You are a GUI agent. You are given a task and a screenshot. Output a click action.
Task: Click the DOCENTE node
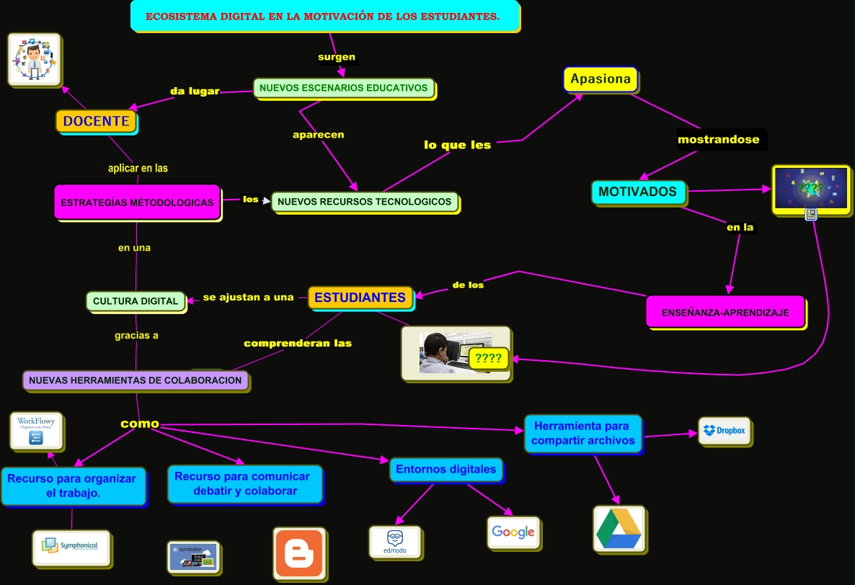[x=96, y=121]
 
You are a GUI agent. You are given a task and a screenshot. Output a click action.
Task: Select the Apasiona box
[x=601, y=79]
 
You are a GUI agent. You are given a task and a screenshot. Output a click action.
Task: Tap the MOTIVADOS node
[x=637, y=192]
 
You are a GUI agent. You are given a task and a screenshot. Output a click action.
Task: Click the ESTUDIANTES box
[x=360, y=297]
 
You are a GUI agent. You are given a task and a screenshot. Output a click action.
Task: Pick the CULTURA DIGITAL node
[x=136, y=300]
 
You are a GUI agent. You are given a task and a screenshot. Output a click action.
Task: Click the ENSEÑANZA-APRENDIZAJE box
[x=725, y=312]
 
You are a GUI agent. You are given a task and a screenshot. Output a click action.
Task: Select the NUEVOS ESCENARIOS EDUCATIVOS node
[x=344, y=88]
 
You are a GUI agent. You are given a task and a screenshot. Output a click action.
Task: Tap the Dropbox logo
[x=725, y=431]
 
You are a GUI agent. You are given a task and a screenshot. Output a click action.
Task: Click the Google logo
[x=513, y=532]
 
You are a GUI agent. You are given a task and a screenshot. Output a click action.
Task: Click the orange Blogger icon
[x=299, y=553]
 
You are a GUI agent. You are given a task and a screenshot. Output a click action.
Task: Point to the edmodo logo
[x=395, y=542]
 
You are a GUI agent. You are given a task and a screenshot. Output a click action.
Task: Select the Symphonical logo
[x=71, y=547]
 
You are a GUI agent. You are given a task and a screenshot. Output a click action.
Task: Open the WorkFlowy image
[x=36, y=430]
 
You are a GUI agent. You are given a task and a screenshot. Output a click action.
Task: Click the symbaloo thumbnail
[x=192, y=557]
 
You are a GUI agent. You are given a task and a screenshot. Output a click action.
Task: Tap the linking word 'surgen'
[x=337, y=56]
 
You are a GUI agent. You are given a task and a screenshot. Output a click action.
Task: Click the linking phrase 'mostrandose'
[x=718, y=140]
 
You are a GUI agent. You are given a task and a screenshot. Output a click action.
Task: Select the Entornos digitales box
[x=446, y=470]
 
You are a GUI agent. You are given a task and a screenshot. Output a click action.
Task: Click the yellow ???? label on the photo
[x=489, y=358]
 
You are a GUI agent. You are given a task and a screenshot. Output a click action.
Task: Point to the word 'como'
[x=139, y=424]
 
